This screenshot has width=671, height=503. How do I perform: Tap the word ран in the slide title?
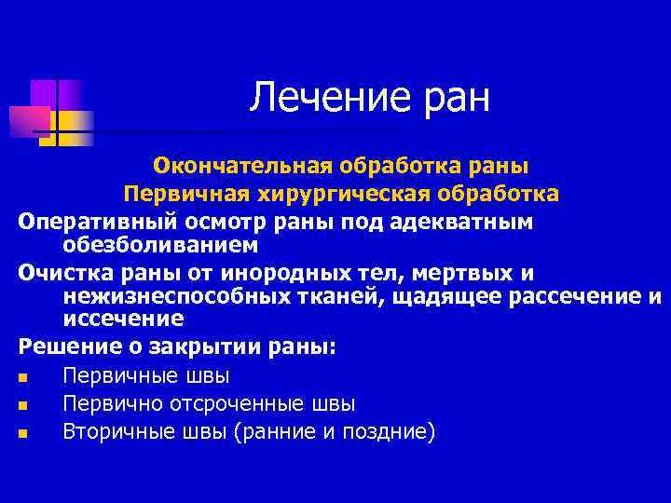(454, 98)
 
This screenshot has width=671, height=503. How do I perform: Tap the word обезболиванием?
(160, 245)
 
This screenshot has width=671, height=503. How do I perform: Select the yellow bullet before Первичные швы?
(23, 377)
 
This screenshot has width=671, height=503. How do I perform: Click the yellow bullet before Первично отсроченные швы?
(23, 405)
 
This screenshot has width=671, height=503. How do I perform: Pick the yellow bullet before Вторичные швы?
(23, 433)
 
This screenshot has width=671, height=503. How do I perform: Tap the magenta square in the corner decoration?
(28, 121)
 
